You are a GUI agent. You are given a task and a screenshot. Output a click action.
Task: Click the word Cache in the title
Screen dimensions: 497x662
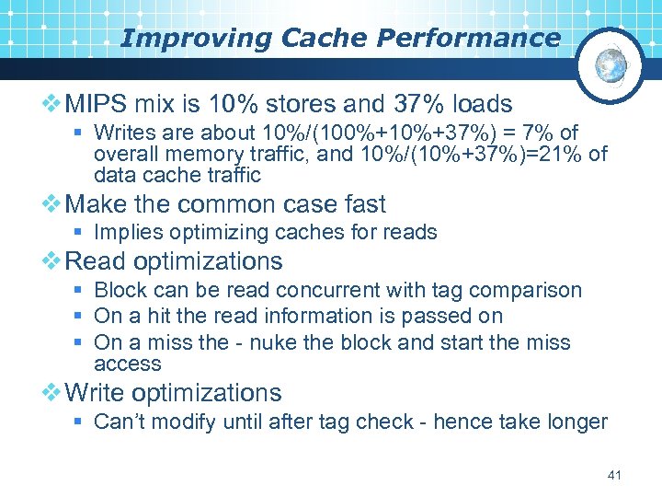click(309, 38)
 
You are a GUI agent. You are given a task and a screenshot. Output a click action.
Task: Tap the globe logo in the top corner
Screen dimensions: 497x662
click(611, 64)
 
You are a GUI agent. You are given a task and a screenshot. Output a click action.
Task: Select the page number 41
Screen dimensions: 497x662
click(615, 475)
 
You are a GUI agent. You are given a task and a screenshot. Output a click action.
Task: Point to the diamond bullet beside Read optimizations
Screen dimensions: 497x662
click(52, 261)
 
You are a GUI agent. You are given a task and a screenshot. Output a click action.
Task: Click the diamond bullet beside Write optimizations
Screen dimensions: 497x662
click(52, 393)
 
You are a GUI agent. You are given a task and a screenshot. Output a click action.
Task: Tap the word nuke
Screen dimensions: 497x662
click(282, 342)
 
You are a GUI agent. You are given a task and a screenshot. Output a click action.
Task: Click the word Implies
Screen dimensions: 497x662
click(127, 232)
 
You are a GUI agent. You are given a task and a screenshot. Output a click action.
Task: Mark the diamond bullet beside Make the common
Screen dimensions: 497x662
click(52, 203)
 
